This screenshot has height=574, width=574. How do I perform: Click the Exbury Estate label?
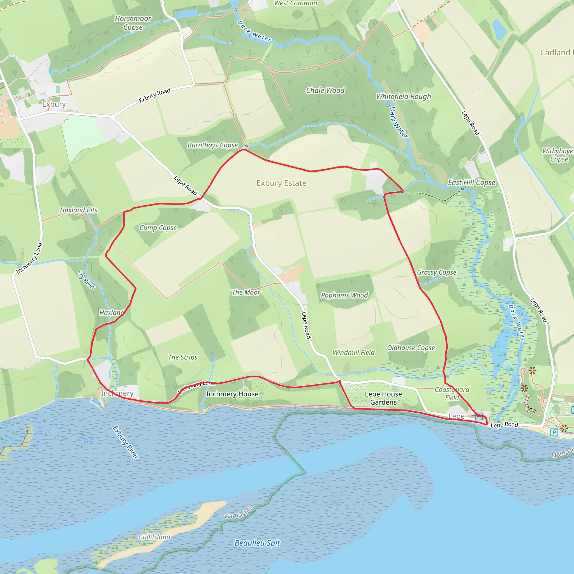[281, 183]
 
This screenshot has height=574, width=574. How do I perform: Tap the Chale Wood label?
[325, 91]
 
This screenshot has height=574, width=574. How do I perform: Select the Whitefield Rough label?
[404, 97]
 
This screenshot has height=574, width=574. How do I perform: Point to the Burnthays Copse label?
[212, 145]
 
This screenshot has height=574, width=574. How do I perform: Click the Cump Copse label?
[158, 228]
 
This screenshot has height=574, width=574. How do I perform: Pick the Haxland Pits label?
[79, 210]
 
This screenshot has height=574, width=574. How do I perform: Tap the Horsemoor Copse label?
[133, 23]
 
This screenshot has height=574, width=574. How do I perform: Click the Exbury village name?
[54, 104]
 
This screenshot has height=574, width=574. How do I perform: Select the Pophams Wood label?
[344, 295]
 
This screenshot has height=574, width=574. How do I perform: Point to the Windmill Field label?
[353, 352]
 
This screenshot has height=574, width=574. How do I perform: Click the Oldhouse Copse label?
[411, 348]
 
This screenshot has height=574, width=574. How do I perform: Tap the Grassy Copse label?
[436, 272]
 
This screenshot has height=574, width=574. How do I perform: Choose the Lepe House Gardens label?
[383, 398]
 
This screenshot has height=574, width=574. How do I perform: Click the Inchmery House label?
[232, 394]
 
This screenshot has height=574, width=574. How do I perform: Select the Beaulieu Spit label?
[257, 543]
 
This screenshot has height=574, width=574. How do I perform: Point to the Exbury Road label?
[154, 95]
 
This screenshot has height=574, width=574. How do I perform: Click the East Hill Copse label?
[471, 182]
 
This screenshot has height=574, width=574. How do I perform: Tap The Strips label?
[183, 357]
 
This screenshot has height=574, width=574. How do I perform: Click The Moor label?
[246, 292]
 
